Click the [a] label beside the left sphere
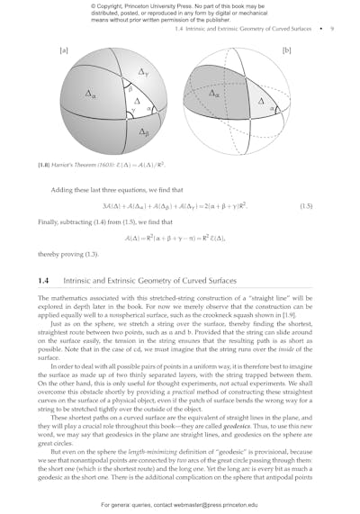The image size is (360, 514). click(x=63, y=52)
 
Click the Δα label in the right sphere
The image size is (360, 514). click(x=215, y=92)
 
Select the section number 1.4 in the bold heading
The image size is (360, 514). click(x=44, y=281)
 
